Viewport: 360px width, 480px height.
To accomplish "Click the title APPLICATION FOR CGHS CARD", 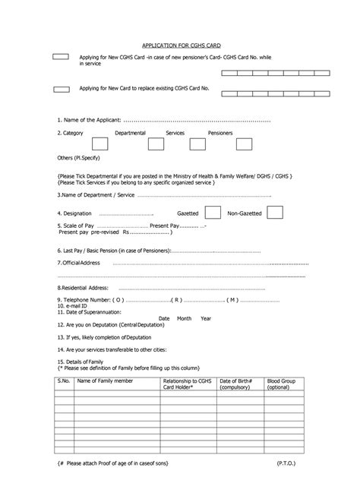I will tap(180, 46).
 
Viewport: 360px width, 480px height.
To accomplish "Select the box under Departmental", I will tap(99, 144).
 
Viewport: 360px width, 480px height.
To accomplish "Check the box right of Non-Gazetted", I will tap(275, 213).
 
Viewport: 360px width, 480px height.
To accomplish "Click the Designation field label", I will tap(74, 214).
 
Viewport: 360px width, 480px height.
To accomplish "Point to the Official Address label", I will tap(79, 262).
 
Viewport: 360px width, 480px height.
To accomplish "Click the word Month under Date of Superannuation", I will tap(185, 318).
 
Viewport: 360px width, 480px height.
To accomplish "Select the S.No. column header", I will tap(63, 380).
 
